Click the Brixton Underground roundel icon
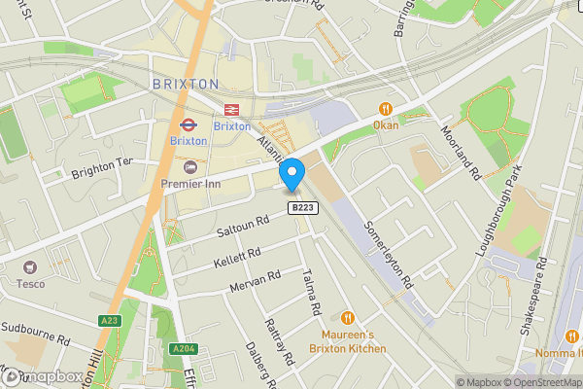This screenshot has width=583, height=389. click(189, 124)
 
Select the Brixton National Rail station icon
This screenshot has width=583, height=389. click(231, 110)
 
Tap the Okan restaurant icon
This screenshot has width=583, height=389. click(386, 109)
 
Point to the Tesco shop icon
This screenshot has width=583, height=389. click(31, 266)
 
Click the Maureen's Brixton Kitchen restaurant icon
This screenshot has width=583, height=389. click(349, 317)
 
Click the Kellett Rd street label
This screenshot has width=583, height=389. click(237, 258)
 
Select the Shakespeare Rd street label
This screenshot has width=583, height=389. click(535, 297)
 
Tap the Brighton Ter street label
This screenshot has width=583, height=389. click(101, 168)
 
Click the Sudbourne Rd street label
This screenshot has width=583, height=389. click(36, 335)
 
